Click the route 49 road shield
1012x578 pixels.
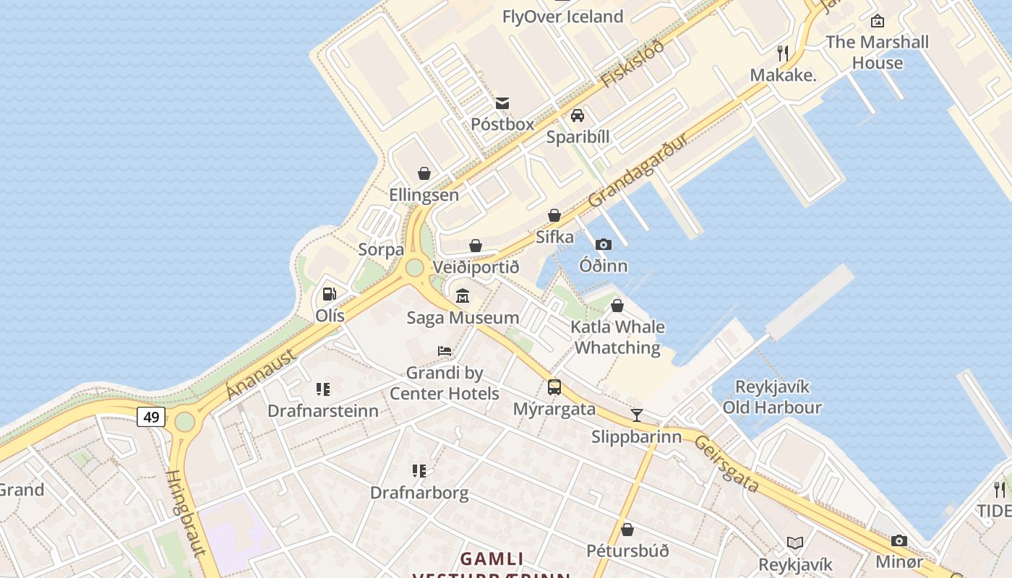(x=151, y=417)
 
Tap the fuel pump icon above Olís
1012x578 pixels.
(x=329, y=294)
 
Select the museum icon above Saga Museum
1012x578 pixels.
(x=463, y=296)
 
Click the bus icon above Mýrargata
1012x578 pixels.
(x=554, y=387)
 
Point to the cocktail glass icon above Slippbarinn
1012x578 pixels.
(x=637, y=415)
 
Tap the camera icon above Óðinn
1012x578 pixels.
(x=604, y=244)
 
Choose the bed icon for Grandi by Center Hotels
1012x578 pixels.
(x=445, y=351)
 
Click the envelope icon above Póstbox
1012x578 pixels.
(x=502, y=103)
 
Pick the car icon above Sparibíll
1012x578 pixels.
(x=578, y=116)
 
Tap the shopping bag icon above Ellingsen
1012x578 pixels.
(x=424, y=173)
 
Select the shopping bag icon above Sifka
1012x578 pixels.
(x=554, y=215)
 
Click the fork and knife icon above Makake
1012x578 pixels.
(x=782, y=53)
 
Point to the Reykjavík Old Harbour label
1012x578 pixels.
(x=772, y=397)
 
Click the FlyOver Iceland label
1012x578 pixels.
(x=562, y=17)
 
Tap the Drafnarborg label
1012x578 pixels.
(x=419, y=493)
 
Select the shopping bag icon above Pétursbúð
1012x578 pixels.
(x=627, y=530)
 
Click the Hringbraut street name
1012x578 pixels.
(x=184, y=513)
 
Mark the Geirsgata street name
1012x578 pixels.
(x=726, y=464)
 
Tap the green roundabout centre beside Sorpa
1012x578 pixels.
(x=414, y=267)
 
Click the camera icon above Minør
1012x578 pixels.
(x=899, y=540)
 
